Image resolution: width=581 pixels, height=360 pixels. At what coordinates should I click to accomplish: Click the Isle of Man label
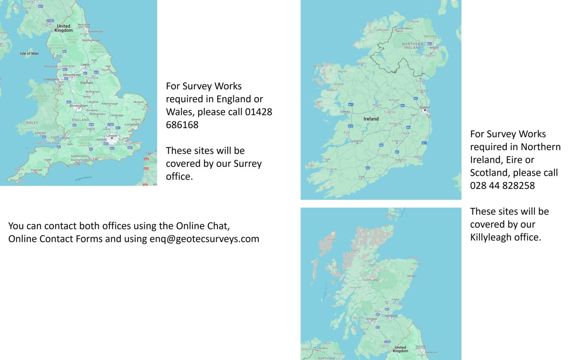tap(29, 53)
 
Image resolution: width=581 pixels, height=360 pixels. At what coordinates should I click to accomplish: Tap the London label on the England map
tap(112, 135)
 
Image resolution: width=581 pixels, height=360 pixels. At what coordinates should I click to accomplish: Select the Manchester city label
tap(72, 75)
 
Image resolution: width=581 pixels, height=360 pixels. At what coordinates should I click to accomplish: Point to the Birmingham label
tap(79, 106)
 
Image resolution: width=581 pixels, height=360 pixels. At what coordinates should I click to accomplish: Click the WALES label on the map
tap(32, 123)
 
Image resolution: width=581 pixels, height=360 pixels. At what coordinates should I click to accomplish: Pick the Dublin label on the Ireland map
tap(425, 108)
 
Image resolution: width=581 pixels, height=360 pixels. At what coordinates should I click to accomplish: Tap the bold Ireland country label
tap(371, 119)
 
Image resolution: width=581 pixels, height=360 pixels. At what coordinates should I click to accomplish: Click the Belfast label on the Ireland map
tap(434, 48)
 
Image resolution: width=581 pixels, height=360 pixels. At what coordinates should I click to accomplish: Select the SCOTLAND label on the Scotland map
tap(371, 280)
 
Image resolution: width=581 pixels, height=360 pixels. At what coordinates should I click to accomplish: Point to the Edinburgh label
tap(391, 316)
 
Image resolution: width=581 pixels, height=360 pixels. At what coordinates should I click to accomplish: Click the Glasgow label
tap(371, 319)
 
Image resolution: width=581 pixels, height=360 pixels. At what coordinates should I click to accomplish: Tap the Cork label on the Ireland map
tap(362, 177)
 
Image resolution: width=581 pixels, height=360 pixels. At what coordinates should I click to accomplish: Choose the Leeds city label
tap(85, 65)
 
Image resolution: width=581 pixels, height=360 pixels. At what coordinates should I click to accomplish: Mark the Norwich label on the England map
tap(138, 102)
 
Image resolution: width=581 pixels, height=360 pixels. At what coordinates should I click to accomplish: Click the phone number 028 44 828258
tap(502, 185)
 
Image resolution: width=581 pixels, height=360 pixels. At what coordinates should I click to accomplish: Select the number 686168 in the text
tap(182, 125)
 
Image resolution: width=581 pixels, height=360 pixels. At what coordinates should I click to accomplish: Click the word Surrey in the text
tap(247, 164)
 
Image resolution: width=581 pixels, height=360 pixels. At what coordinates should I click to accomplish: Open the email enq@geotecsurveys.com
tap(204, 239)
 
